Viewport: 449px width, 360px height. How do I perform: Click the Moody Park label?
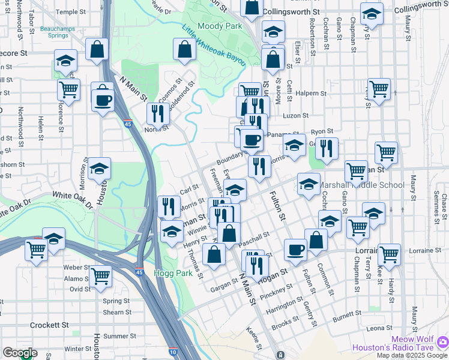[220, 26]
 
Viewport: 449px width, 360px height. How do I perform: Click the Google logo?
[20, 353]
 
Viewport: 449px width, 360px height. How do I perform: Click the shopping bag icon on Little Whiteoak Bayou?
[185, 49]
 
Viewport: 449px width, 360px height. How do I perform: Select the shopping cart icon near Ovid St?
[100, 277]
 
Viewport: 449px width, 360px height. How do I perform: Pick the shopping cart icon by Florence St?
[69, 90]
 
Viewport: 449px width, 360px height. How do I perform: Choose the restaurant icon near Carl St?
[169, 206]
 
